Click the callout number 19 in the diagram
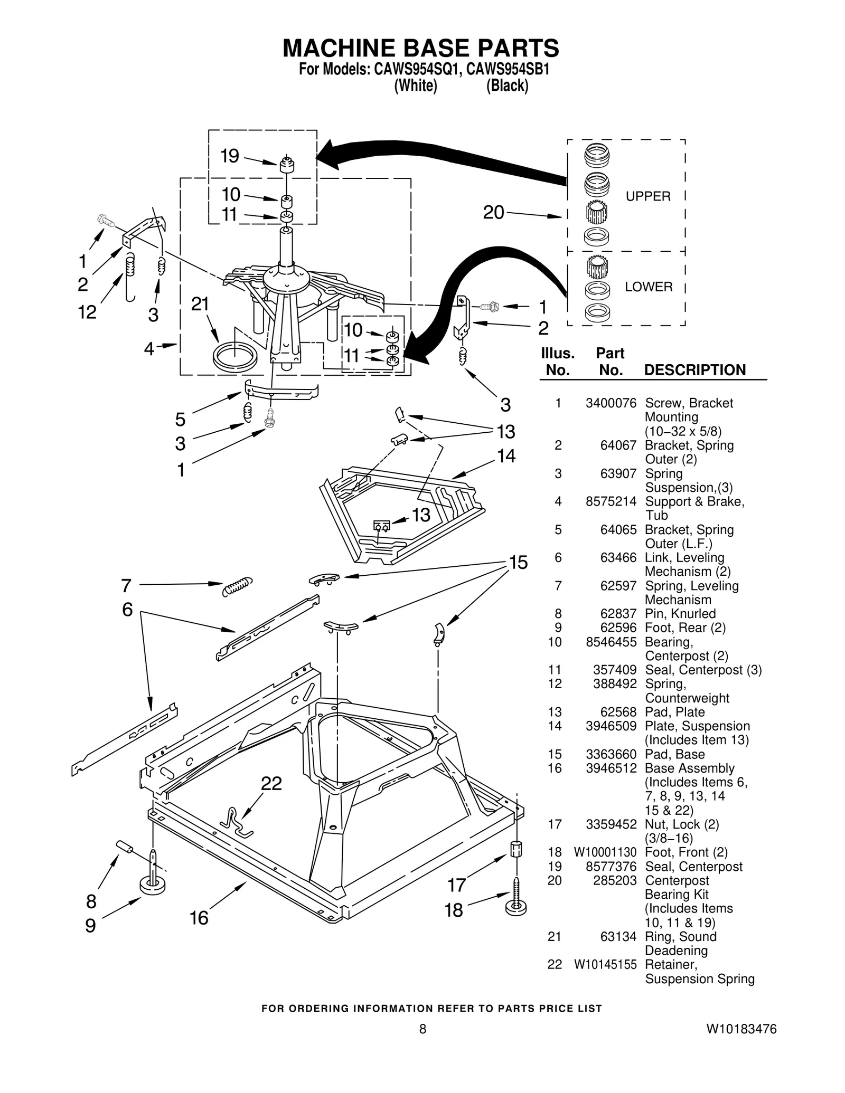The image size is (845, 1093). [230, 156]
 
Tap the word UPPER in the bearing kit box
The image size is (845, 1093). [648, 196]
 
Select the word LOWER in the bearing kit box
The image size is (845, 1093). [649, 287]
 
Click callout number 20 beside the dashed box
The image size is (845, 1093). [494, 213]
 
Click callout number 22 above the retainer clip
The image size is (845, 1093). [271, 784]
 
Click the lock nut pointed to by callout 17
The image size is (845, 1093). [516, 850]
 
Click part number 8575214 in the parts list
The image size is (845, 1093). [611, 501]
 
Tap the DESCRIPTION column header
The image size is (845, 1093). [694, 370]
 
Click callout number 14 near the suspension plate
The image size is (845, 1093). [506, 455]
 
